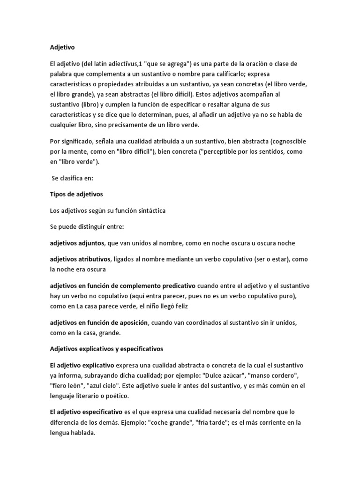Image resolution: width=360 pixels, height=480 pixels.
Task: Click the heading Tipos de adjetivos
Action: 76,194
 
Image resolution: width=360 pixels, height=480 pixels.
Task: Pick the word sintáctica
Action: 148,210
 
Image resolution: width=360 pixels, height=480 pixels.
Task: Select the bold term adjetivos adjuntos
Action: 78,243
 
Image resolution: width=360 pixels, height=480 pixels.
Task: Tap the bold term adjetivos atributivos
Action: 81,259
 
